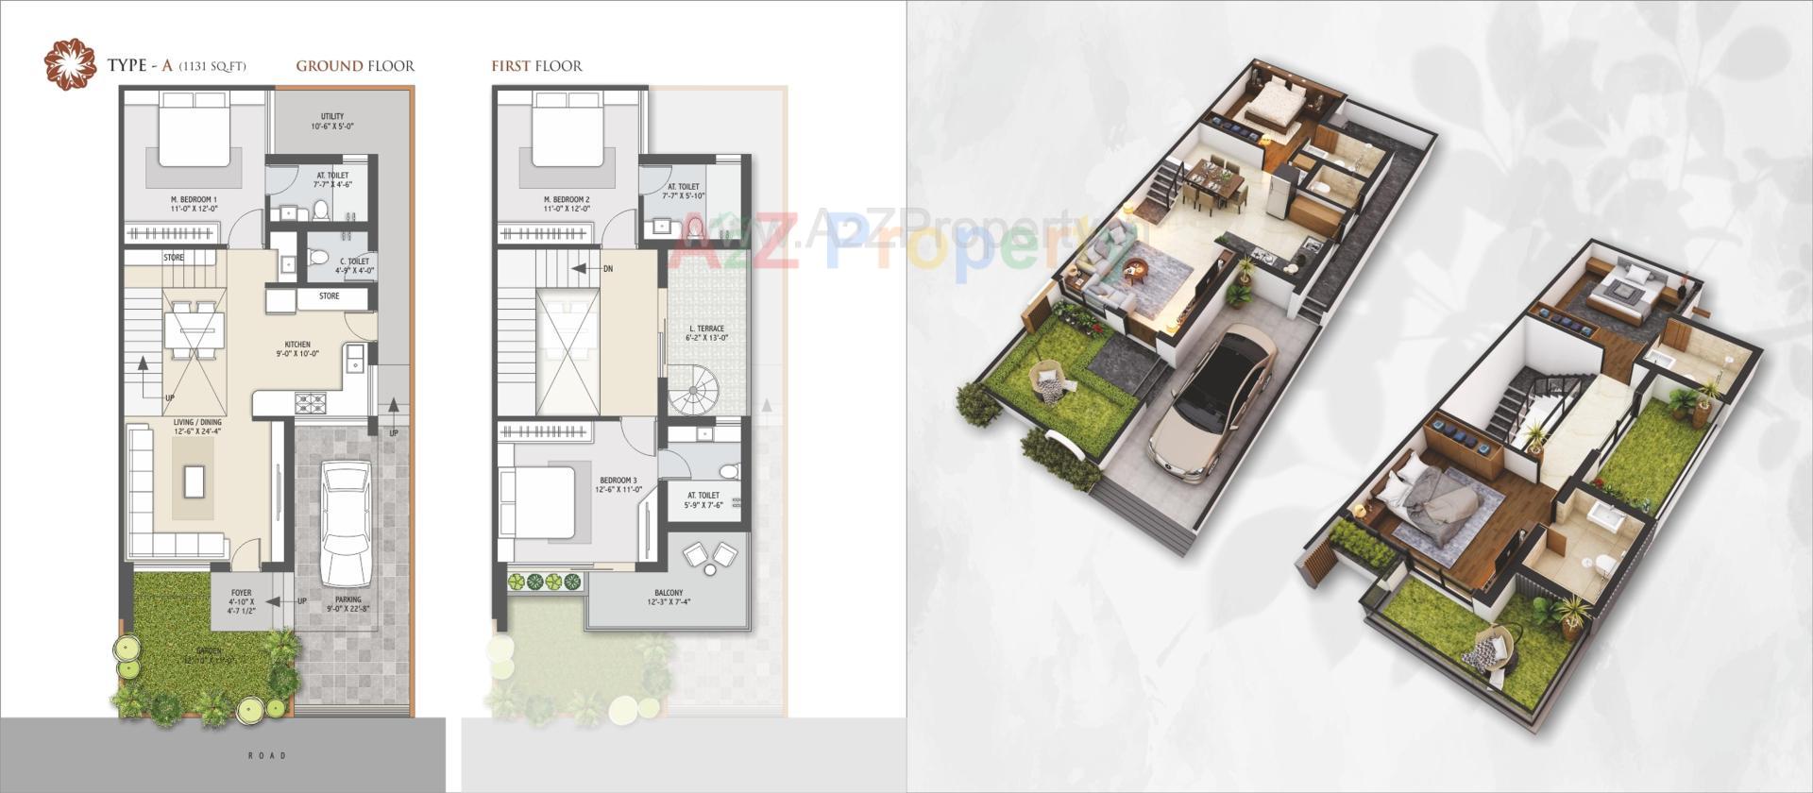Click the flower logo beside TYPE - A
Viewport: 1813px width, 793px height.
tap(71, 64)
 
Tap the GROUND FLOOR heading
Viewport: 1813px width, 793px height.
tap(355, 66)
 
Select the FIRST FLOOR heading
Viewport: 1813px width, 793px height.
tap(536, 66)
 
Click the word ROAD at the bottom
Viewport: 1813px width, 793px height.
tap(267, 755)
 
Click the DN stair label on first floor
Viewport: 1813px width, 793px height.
tap(607, 269)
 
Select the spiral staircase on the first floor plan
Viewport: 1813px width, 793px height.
tap(696, 390)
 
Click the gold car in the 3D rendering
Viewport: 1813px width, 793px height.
tap(1210, 406)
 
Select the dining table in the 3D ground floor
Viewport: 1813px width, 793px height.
tap(1211, 182)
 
